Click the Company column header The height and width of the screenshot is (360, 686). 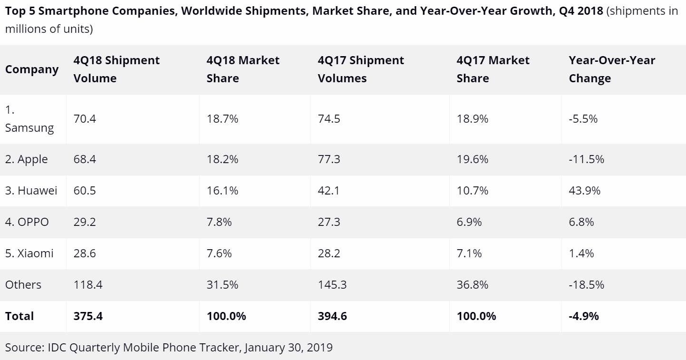(x=32, y=69)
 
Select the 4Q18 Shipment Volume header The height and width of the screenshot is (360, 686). (x=116, y=69)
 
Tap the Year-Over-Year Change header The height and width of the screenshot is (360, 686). (x=612, y=69)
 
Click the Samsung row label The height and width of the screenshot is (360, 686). (x=29, y=119)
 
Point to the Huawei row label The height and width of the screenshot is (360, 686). (x=31, y=191)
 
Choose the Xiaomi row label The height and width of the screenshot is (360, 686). (x=29, y=253)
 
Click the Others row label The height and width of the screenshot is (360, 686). (x=23, y=285)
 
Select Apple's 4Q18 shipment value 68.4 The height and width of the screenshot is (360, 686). (x=85, y=159)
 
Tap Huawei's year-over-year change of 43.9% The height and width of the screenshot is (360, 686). (x=584, y=191)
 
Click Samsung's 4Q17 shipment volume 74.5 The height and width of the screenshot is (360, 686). (x=329, y=119)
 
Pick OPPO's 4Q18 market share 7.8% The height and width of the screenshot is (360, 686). (x=219, y=222)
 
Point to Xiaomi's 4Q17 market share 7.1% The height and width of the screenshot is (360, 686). (x=469, y=253)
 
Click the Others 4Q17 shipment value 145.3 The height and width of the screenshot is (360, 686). (x=332, y=285)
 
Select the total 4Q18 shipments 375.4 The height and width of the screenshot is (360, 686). (x=88, y=316)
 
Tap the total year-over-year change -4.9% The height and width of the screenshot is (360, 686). (x=584, y=316)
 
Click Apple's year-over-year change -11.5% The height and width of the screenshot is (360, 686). (x=586, y=159)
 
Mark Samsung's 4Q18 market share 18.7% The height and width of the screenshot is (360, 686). (x=222, y=119)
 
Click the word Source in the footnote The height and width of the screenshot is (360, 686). (x=24, y=348)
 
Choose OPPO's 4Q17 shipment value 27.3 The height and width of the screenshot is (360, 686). (x=329, y=222)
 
